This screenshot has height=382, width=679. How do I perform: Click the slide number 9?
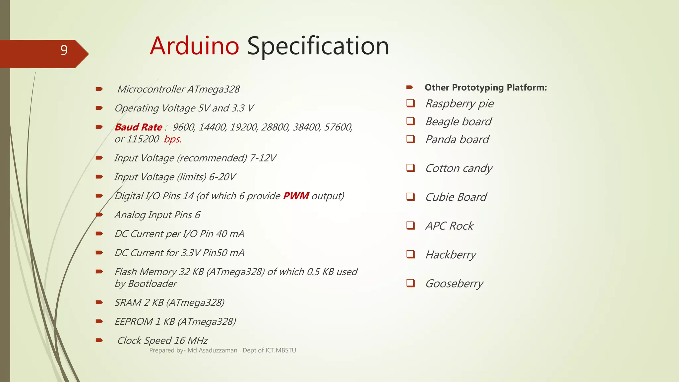pos(64,50)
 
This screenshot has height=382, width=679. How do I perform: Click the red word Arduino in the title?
pos(194,46)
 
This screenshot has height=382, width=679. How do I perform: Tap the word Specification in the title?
pos(318,46)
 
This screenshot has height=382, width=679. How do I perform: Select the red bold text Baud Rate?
pos(138,127)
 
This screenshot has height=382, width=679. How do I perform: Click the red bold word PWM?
pos(296,196)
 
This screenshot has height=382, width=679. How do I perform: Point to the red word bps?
pos(172,139)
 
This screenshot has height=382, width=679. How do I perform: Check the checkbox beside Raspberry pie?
pos(410,103)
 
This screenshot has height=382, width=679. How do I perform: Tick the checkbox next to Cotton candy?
pos(410,168)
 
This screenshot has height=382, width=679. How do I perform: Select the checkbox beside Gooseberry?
pos(410,283)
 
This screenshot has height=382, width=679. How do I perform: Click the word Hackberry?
pos(451,255)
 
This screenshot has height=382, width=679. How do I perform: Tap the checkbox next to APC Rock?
pos(410,225)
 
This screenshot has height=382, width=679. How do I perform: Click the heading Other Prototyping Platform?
pos(485,88)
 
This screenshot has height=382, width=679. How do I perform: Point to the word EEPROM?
pos(134,322)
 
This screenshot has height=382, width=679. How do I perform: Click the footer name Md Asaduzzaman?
pos(212,350)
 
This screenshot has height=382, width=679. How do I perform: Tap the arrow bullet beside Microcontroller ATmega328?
pos(99,89)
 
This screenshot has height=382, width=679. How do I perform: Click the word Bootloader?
pos(152,284)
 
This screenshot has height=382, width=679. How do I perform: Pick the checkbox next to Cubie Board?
pos(410,197)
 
